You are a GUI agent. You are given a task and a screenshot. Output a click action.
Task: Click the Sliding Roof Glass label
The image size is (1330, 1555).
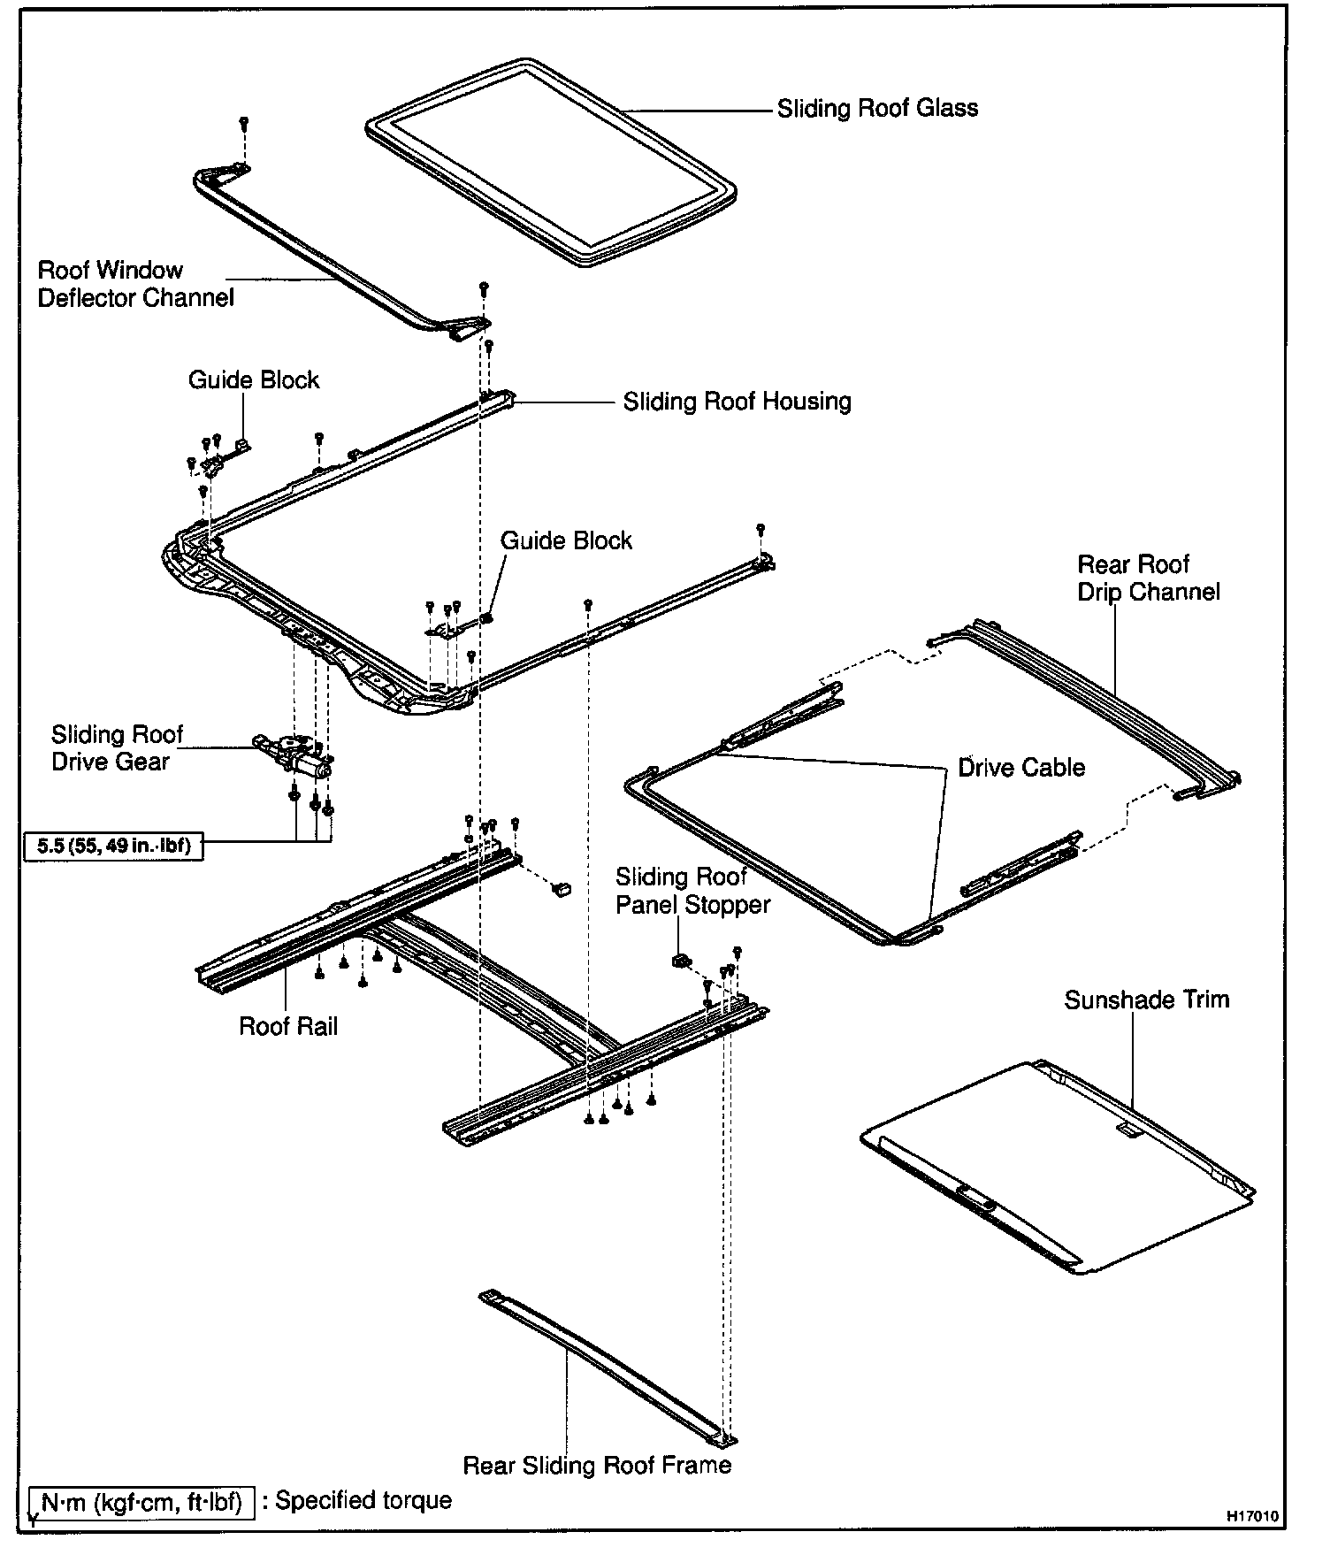[x=877, y=109]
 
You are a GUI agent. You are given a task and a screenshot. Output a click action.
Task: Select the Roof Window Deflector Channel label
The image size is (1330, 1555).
[x=135, y=284]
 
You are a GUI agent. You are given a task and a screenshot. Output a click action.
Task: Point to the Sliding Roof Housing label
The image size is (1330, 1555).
[x=737, y=402]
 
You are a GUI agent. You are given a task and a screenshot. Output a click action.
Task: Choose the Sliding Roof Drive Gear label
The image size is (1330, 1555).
[x=116, y=747]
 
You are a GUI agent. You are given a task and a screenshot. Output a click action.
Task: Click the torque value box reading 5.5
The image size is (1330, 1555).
[x=113, y=846]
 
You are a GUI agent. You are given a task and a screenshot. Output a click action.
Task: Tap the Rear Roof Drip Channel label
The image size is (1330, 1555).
[x=1148, y=578]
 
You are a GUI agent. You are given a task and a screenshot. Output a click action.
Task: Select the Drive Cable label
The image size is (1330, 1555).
[x=1021, y=767]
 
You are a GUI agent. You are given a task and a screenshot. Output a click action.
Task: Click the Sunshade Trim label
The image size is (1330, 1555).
[x=1146, y=1000]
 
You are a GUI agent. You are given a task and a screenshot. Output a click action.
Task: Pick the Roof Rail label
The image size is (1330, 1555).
[x=288, y=1026]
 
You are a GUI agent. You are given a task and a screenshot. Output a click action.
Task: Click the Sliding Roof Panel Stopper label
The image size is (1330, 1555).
[x=692, y=891]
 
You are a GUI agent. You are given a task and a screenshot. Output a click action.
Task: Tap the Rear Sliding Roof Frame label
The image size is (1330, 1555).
[x=597, y=1465]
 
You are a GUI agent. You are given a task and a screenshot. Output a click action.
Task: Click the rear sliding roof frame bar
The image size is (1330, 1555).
[x=610, y=1367]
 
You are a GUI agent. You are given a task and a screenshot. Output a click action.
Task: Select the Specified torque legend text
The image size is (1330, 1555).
[x=363, y=1500]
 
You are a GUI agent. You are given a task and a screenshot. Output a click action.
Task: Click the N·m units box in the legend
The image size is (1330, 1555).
[x=141, y=1502]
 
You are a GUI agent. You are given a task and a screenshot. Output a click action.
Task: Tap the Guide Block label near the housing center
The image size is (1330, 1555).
[x=566, y=540]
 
